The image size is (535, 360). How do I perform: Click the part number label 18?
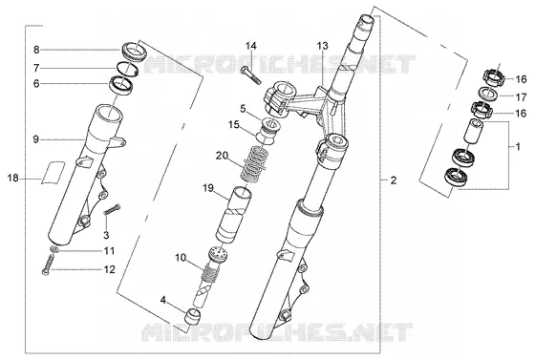(x=13, y=178)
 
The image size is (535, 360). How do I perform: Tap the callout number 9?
(x=36, y=139)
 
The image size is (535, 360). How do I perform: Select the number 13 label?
(x=323, y=46)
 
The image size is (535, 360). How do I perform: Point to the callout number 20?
(x=222, y=156)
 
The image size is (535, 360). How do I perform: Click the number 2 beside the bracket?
(x=394, y=180)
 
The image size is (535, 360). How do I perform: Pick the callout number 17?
(x=521, y=97)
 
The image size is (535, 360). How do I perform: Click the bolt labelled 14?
(x=250, y=75)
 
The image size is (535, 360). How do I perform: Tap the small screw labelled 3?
(x=112, y=209)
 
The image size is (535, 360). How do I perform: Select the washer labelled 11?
(x=54, y=249)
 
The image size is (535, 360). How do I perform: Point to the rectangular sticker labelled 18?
(x=53, y=172)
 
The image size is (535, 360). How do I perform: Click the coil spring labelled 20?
(x=253, y=164)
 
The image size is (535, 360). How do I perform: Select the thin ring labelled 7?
(x=128, y=69)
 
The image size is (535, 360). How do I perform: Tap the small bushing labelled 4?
(x=193, y=316)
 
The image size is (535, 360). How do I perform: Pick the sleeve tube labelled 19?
(x=234, y=215)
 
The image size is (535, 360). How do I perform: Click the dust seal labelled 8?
(x=134, y=52)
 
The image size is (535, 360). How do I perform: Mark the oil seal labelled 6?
(x=120, y=86)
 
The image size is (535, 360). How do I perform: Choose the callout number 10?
(x=181, y=258)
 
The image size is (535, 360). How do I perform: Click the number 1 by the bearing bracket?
(x=518, y=147)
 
